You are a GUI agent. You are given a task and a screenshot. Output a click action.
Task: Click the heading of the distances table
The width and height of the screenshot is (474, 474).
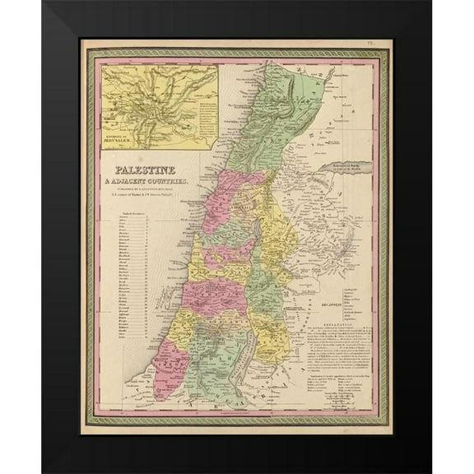point(136,214)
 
